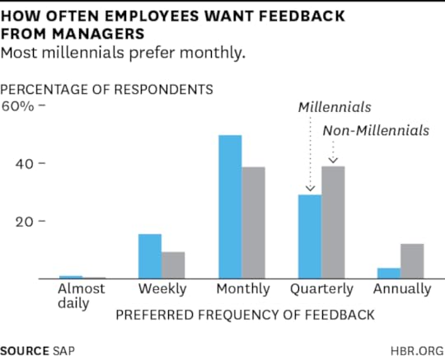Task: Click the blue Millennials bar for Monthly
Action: click(230, 207)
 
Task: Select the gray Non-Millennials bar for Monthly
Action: click(254, 222)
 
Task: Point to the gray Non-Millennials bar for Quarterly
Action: click(333, 222)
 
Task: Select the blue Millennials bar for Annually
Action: click(389, 273)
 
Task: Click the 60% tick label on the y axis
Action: click(18, 105)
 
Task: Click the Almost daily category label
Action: click(81, 295)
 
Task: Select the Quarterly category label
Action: click(321, 289)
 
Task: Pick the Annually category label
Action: click(401, 289)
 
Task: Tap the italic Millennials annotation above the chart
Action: click(335, 107)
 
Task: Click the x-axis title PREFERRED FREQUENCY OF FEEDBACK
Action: click(245, 314)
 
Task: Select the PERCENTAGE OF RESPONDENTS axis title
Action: click(107, 88)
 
